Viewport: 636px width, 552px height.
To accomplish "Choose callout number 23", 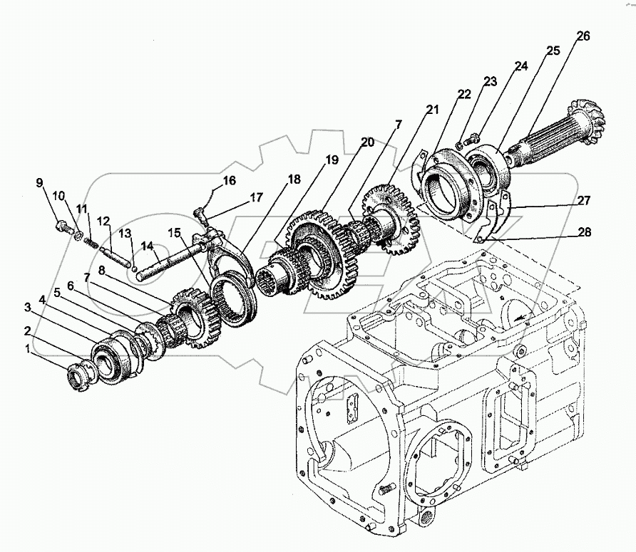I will [488, 81].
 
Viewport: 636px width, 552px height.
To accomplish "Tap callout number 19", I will [333, 160].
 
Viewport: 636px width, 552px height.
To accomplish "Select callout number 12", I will [104, 221].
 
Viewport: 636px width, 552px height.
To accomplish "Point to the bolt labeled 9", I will [62, 229].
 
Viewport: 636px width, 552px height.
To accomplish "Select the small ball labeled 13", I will [134, 267].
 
